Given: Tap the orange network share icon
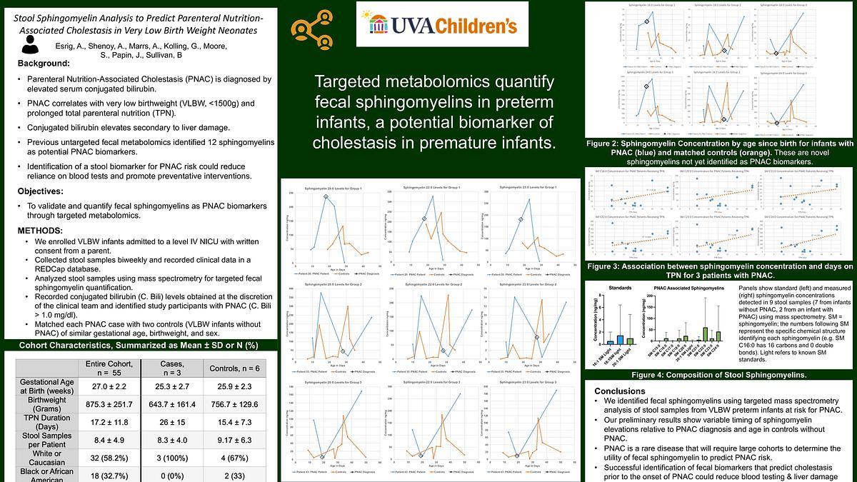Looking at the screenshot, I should [310, 29].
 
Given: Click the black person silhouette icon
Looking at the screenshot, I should [30, 45].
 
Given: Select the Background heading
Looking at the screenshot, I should [44, 64].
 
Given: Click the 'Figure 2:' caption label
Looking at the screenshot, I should [609, 144].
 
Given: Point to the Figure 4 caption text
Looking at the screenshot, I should [720, 375].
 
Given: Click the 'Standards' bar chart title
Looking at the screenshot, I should [618, 288].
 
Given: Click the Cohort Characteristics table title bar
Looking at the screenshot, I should [139, 346].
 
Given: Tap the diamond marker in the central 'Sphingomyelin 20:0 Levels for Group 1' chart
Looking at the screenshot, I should [326, 196].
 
